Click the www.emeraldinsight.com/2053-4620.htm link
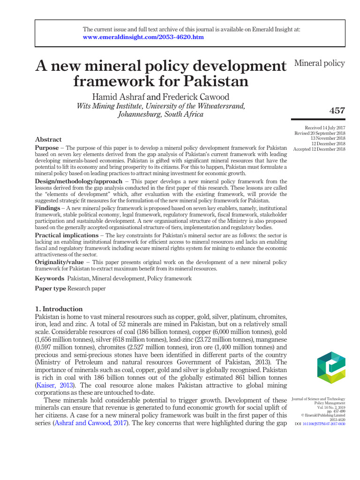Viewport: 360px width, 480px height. (x=143, y=37)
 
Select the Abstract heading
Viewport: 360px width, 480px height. (x=48, y=139)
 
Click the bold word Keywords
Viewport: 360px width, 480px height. (x=50, y=278)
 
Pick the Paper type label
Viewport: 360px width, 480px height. (x=51, y=288)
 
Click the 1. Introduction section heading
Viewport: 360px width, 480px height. (x=59, y=309)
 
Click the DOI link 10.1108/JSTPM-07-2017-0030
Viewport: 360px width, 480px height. (x=324, y=424)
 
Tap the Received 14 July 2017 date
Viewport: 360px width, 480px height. (x=325, y=127)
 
